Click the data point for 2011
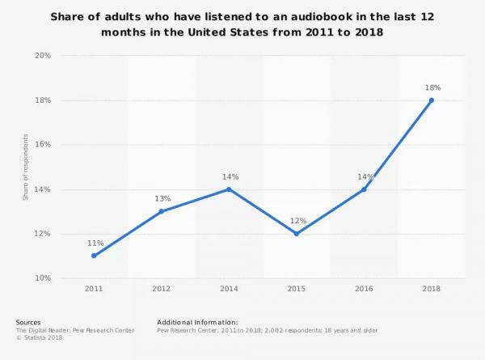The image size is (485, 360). [x=94, y=256]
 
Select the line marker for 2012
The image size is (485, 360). [x=162, y=211]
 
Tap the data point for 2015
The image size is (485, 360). [x=297, y=234]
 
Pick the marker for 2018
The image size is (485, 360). [x=432, y=100]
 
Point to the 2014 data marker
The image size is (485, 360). [x=229, y=189]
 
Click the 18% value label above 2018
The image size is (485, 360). [x=432, y=87]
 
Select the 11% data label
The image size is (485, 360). [x=94, y=242]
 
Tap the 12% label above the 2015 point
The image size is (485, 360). [x=297, y=220]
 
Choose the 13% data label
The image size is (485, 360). [x=162, y=197]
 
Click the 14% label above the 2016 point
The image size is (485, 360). [x=364, y=176]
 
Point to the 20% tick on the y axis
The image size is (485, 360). [x=43, y=56]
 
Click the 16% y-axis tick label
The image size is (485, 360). [x=43, y=145]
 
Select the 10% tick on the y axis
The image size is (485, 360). [x=43, y=278]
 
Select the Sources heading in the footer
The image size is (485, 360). [x=28, y=322]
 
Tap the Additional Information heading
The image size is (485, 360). [x=197, y=322]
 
